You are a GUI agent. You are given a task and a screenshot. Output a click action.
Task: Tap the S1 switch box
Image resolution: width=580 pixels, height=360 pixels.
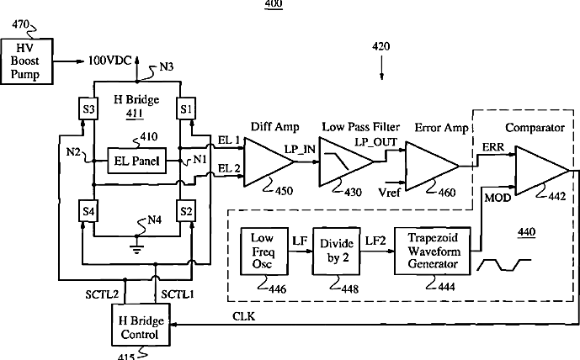click(x=187, y=109)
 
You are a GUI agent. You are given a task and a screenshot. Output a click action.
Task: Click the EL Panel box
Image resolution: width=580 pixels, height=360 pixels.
click(x=138, y=158)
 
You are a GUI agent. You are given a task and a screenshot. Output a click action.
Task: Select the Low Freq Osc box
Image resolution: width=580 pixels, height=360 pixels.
click(x=262, y=250)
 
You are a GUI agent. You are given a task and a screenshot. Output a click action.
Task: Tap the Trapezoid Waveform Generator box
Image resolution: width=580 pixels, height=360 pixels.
click(x=431, y=250)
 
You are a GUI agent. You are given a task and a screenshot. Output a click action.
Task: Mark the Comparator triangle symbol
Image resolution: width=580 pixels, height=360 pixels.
click(x=539, y=172)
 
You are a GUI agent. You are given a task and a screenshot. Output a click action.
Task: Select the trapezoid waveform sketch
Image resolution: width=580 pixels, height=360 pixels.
click(x=503, y=265)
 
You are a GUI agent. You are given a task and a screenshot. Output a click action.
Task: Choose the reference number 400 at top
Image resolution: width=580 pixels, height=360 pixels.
click(x=274, y=5)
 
